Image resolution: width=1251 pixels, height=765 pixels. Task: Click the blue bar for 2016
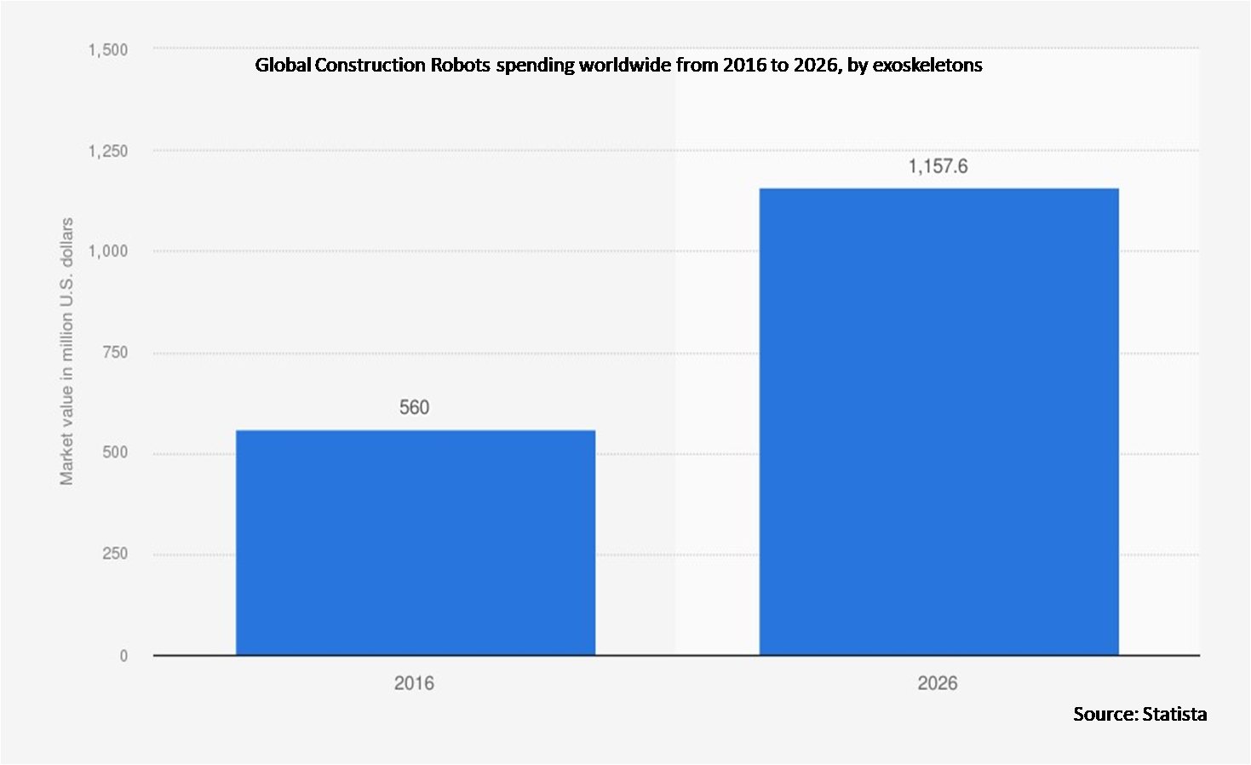(x=415, y=543)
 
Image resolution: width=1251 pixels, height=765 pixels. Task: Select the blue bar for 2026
(x=938, y=422)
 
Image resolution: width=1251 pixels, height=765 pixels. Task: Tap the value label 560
(x=415, y=408)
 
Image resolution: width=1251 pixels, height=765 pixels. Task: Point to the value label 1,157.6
(x=938, y=167)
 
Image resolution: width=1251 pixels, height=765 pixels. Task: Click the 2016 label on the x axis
(x=414, y=683)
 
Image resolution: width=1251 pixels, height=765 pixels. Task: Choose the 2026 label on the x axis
(x=938, y=683)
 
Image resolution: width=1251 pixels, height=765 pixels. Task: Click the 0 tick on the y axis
(x=123, y=656)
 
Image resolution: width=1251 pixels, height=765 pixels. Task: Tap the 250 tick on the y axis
(x=115, y=554)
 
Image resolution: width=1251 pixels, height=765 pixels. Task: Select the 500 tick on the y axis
(x=115, y=452)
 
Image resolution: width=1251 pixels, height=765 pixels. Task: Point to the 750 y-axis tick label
(x=115, y=352)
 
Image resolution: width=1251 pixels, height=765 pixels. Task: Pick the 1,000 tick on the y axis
(x=108, y=251)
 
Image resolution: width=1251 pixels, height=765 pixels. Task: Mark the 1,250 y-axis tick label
(x=108, y=151)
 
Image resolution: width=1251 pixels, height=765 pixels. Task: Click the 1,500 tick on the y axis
(x=108, y=50)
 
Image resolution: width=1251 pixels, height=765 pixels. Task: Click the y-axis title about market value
(x=66, y=352)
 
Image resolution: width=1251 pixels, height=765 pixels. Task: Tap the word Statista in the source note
(x=1174, y=714)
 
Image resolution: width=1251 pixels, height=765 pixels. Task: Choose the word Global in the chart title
(x=283, y=66)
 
